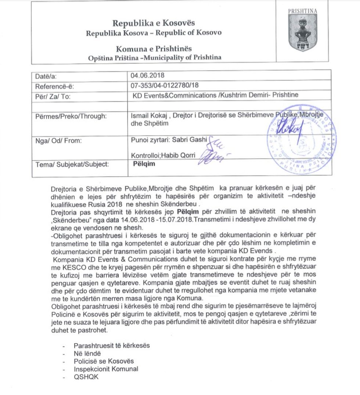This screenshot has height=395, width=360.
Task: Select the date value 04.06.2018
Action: pos(146,76)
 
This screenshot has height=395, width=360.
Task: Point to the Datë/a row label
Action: pos(47,77)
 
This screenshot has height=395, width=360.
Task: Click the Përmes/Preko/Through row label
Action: pos(71,116)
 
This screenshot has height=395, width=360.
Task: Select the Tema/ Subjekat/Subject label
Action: pos(72,164)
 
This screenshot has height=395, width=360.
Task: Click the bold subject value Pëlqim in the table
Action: pos(144,164)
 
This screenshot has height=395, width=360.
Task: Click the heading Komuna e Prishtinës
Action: pos(154,49)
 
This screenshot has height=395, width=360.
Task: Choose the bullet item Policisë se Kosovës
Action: pos(104,361)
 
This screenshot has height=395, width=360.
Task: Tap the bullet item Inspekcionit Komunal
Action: pos(106,369)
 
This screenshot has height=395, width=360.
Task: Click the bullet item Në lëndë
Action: pos(87,353)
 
